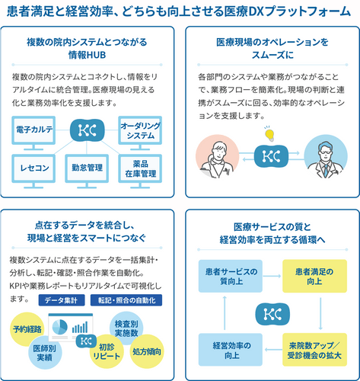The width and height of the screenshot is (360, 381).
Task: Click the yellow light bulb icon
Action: [x=269, y=134]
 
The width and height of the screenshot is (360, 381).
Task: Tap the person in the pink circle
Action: [x=217, y=156]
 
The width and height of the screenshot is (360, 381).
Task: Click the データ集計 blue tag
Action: [x=62, y=300]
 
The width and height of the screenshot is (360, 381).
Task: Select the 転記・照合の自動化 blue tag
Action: [x=126, y=300]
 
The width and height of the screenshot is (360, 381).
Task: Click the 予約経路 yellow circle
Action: [x=27, y=329]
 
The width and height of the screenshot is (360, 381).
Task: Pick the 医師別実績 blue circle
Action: [x=45, y=353]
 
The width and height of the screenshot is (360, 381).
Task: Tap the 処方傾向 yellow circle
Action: [x=147, y=351]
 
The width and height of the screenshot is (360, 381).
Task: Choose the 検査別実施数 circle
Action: [x=126, y=328]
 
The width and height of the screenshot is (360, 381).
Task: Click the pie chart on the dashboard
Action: [x=60, y=327]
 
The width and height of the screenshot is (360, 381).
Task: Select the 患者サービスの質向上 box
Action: [x=231, y=276]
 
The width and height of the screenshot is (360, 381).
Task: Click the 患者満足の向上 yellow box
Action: [x=314, y=276]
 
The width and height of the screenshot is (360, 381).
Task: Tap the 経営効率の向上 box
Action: [x=231, y=350]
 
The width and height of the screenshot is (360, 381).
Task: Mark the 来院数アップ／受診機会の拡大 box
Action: [x=314, y=350]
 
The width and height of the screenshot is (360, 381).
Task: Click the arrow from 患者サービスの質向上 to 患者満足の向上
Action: [x=272, y=276]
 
